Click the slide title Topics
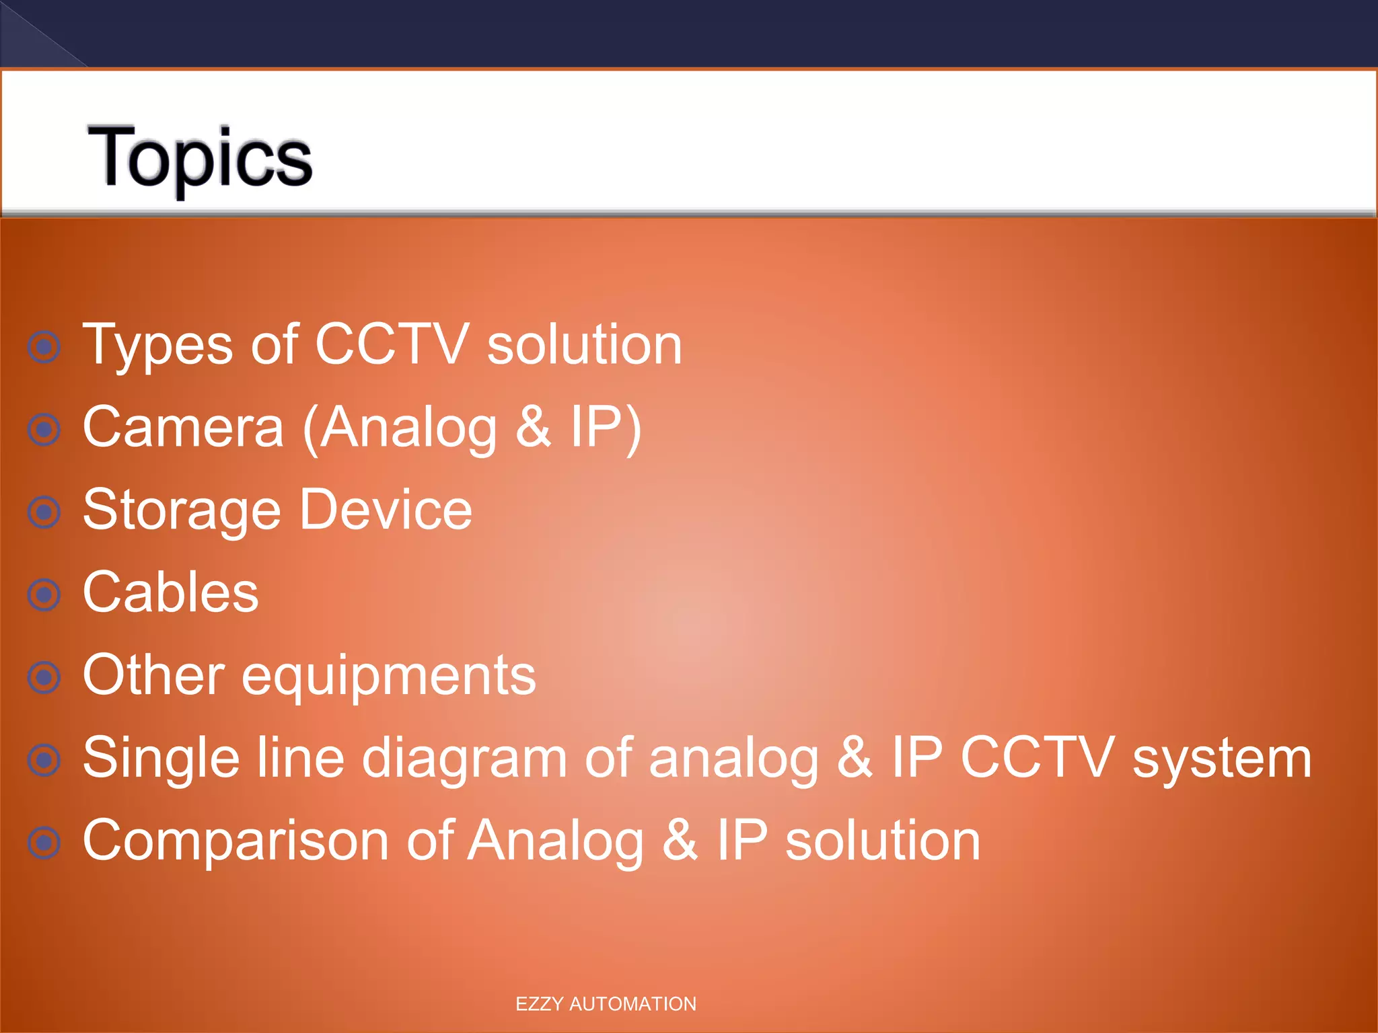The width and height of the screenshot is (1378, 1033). pyautogui.click(x=200, y=158)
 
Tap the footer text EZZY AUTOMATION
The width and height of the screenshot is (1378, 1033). pyautogui.click(x=606, y=1003)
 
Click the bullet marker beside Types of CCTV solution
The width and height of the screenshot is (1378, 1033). pyautogui.click(x=44, y=347)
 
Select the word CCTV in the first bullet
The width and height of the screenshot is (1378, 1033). pyautogui.click(x=391, y=344)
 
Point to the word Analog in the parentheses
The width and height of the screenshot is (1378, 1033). pyautogui.click(x=408, y=428)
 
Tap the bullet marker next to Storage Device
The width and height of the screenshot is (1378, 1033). pyautogui.click(x=44, y=512)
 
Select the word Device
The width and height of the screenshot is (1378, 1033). pyautogui.click(x=386, y=510)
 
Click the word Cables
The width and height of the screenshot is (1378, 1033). pyautogui.click(x=170, y=592)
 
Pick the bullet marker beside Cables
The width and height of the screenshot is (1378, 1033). pyautogui.click(x=44, y=595)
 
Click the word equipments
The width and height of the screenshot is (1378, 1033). pyautogui.click(x=388, y=677)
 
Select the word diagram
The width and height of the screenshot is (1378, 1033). pyautogui.click(x=464, y=759)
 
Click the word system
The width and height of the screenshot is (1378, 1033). pyautogui.click(x=1221, y=759)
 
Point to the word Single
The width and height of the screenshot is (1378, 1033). pyautogui.click(x=161, y=759)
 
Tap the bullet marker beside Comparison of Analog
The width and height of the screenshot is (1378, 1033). pyautogui.click(x=44, y=843)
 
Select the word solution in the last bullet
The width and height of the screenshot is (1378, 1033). pyautogui.click(x=883, y=841)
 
